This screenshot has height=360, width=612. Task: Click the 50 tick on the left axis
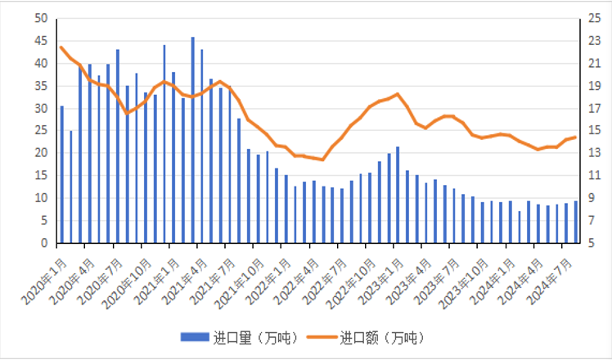(42, 18)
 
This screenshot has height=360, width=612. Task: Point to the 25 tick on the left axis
(42, 131)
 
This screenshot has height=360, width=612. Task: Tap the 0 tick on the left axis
(45, 243)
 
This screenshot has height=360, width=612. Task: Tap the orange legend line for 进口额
(320, 337)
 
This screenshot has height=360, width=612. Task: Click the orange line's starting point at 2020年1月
(61, 47)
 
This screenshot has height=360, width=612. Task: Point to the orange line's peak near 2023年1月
(398, 94)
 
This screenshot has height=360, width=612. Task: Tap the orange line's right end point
(576, 137)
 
